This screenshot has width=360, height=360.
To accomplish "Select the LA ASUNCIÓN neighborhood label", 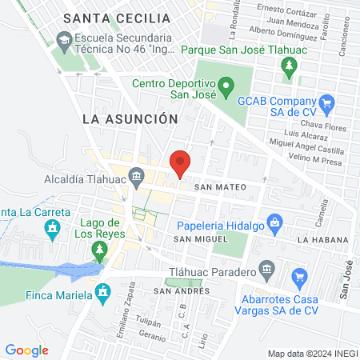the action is click(x=130, y=118).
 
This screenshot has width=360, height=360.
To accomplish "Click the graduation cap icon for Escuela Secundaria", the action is click(x=63, y=39).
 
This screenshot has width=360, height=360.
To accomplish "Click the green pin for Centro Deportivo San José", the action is click(x=226, y=84).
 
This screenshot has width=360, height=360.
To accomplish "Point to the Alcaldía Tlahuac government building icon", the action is click(x=137, y=174).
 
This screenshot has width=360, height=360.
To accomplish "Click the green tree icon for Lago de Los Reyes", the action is click(x=100, y=250).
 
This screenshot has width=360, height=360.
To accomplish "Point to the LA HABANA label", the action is click(x=322, y=239).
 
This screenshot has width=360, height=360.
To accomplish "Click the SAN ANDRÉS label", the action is click(x=182, y=290).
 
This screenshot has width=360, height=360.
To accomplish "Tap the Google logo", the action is click(x=26, y=350).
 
